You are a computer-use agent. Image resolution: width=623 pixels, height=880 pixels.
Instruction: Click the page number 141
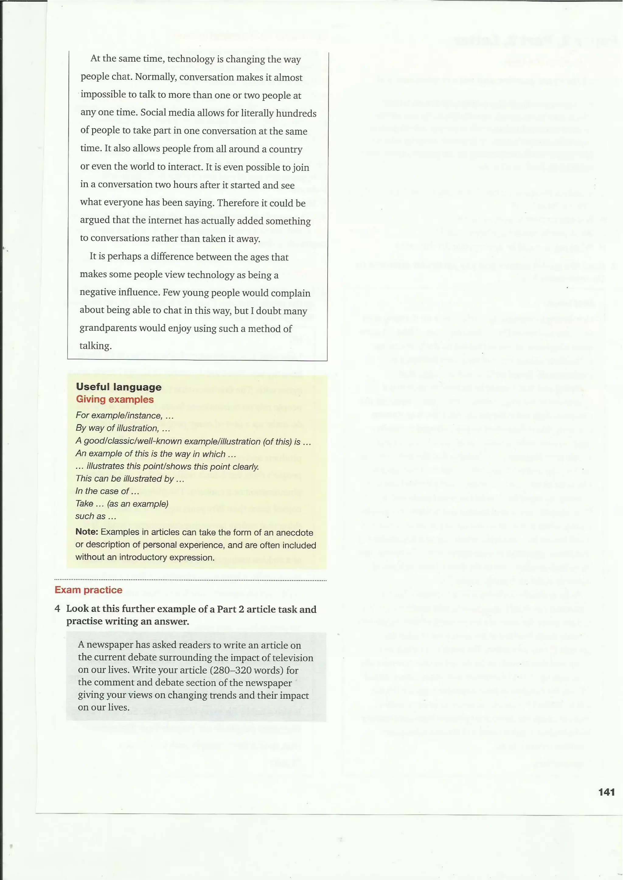(606, 792)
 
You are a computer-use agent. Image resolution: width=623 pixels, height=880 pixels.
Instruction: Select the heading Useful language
(119, 387)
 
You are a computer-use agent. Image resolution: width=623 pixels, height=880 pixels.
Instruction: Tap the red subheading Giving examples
(115, 399)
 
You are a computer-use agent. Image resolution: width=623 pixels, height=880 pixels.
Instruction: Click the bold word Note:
(87, 532)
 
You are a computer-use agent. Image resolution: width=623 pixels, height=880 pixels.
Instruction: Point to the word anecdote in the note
(294, 532)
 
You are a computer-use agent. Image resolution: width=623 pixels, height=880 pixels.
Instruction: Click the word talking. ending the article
(96, 346)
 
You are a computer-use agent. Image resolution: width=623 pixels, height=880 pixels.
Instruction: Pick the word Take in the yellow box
(84, 504)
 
